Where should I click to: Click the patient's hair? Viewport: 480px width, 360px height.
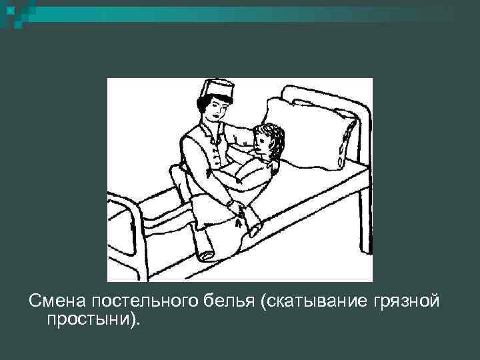273,137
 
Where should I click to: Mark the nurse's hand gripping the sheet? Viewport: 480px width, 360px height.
238,211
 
